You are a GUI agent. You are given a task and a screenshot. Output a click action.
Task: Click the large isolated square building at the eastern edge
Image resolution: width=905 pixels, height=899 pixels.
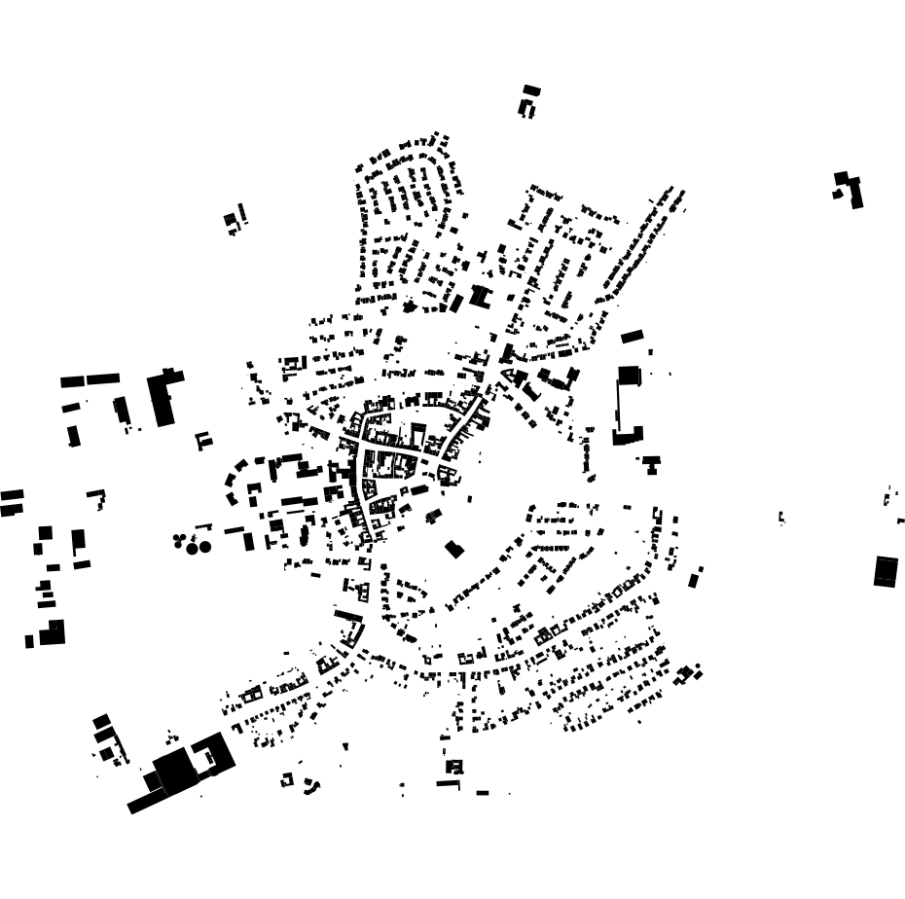pyautogui.click(x=886, y=570)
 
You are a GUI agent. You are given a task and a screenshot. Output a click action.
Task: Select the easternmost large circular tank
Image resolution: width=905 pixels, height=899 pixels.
pyautogui.click(x=205, y=547)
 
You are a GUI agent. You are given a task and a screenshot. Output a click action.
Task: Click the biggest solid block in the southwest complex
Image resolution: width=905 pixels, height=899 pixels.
pyautogui.click(x=176, y=770)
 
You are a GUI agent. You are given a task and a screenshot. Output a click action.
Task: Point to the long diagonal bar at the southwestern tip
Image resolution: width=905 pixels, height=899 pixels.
pyautogui.click(x=146, y=802)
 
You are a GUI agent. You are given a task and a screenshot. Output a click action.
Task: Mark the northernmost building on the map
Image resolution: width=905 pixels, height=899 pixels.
pyautogui.click(x=531, y=90)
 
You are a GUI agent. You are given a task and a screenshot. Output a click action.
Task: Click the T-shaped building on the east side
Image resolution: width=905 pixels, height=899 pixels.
pyautogui.click(x=651, y=462)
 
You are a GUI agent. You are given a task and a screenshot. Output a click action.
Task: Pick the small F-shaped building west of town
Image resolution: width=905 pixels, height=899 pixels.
pyautogui.click(x=203, y=441)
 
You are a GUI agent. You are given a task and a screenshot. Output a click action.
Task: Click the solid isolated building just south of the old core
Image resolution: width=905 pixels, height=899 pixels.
pyautogui.click(x=453, y=549)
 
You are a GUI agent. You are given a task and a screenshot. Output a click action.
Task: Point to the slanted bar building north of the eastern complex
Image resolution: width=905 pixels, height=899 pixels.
pyautogui.click(x=633, y=337)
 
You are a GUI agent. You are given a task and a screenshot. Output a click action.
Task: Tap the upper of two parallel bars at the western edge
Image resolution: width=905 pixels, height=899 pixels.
pyautogui.click(x=12, y=495)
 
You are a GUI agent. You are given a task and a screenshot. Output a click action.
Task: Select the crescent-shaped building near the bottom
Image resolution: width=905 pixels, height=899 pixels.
pyautogui.click(x=311, y=784)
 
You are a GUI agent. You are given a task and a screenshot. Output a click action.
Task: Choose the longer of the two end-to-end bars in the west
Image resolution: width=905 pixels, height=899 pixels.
pyautogui.click(x=102, y=379)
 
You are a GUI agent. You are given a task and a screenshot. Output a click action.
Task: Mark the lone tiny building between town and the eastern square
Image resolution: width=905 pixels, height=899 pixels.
pyautogui.click(x=781, y=518)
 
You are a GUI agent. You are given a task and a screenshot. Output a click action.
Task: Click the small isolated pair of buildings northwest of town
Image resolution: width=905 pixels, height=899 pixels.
pyautogui.click(x=235, y=221)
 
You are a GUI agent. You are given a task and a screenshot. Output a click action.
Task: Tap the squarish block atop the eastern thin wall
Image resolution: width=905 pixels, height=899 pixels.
pyautogui.click(x=629, y=375)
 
